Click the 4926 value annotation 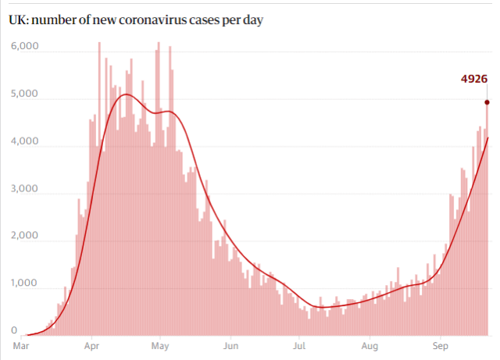[475, 78]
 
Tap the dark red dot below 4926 [487, 102]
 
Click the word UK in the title [18, 19]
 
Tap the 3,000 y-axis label [25, 189]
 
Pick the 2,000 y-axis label [25, 236]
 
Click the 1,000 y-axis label [25, 283]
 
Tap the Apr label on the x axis [91, 344]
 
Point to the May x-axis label [160, 344]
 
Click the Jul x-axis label [299, 344]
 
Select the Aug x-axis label [370, 344]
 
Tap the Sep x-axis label [441, 344]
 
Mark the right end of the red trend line [488, 138]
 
